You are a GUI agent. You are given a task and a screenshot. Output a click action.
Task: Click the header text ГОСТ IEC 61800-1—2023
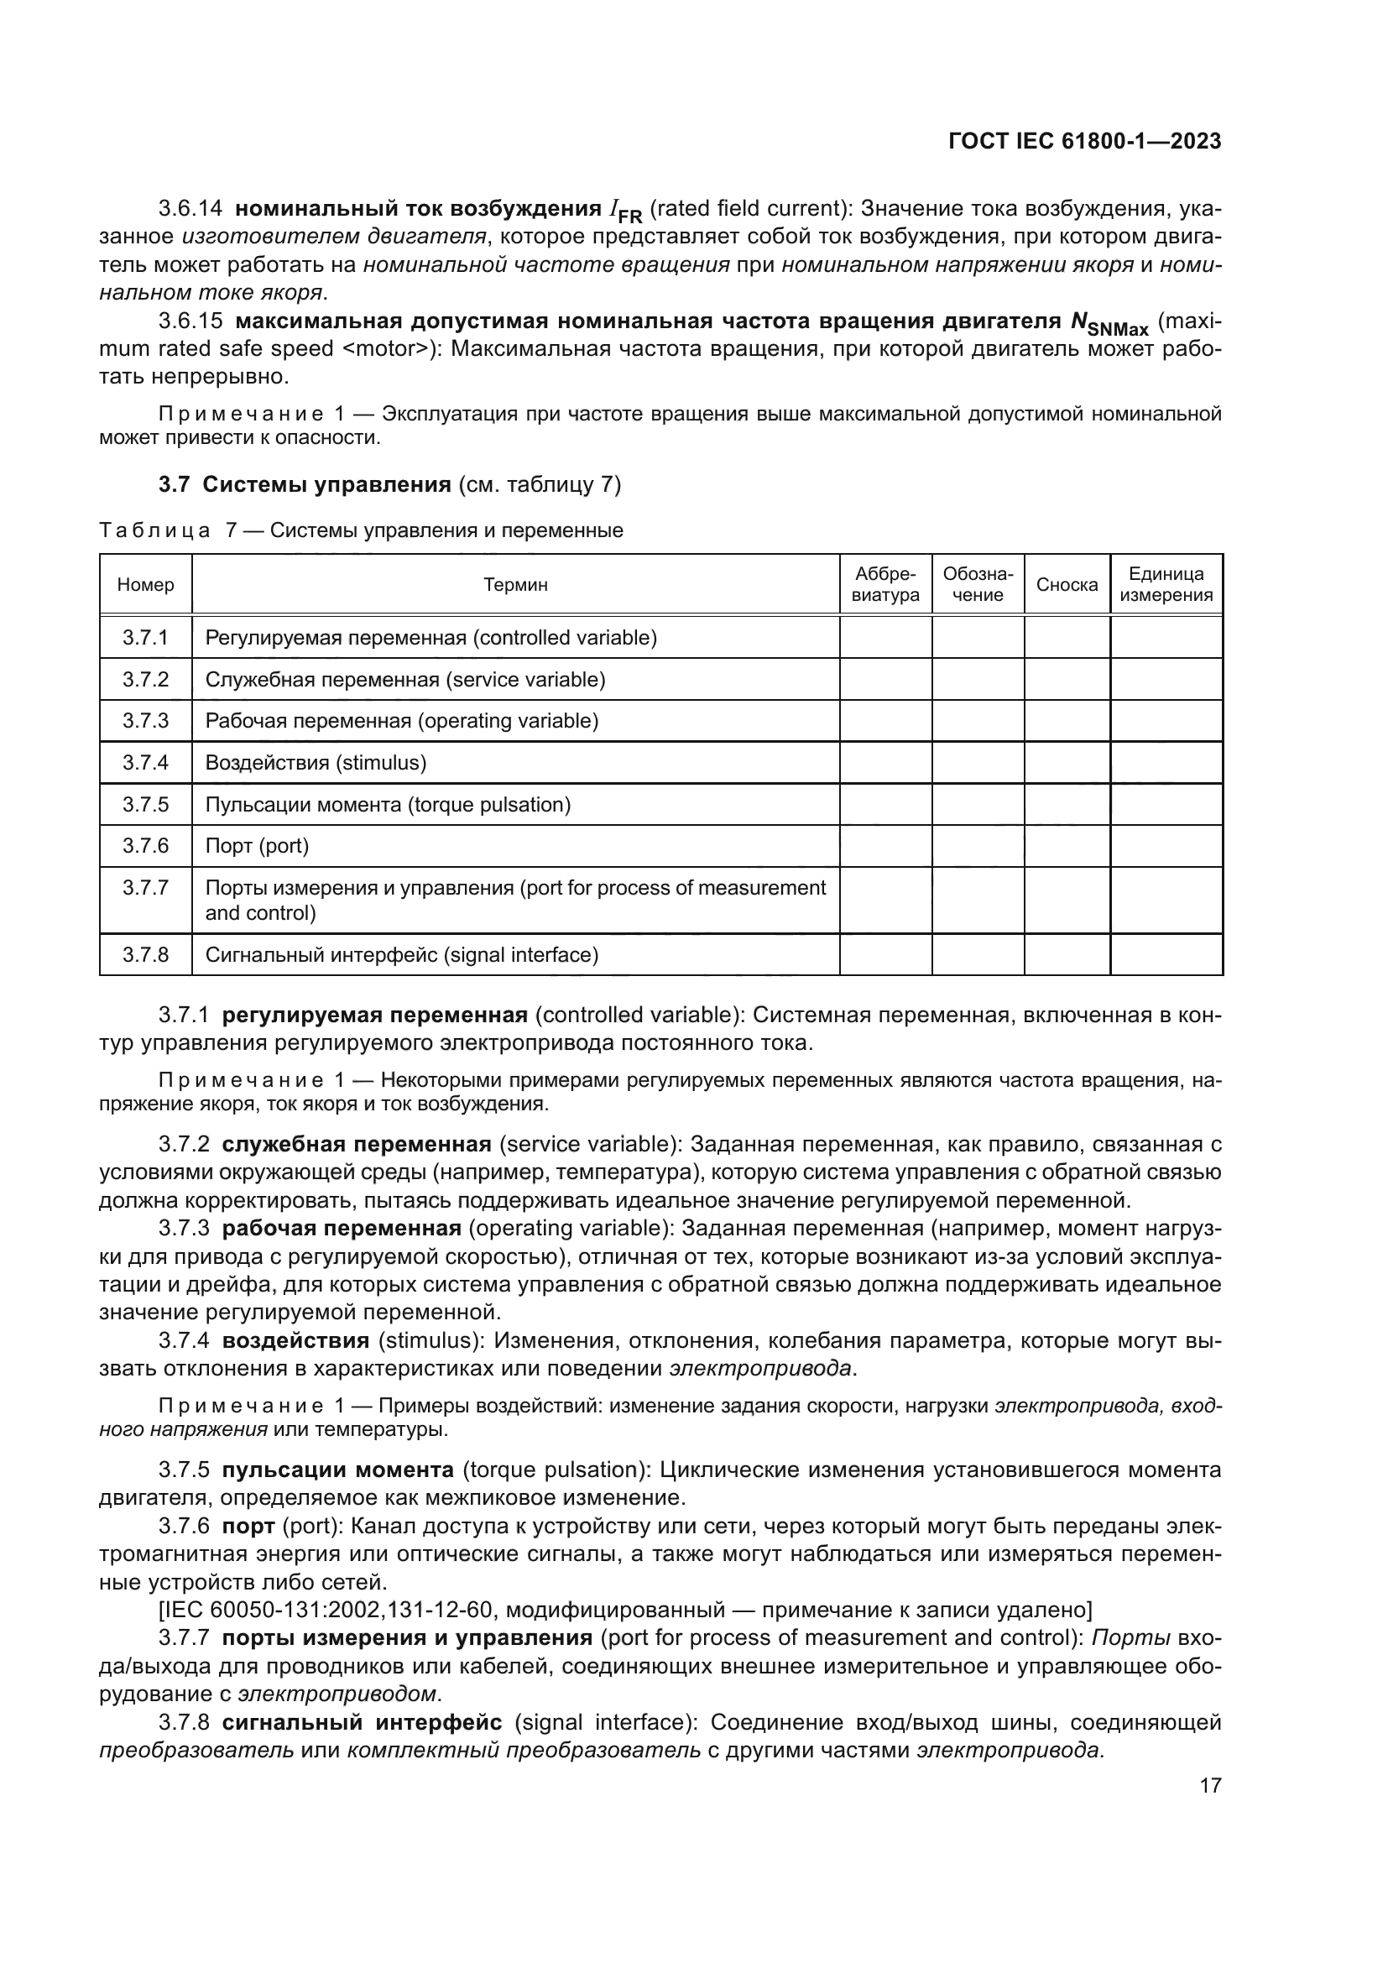1084,142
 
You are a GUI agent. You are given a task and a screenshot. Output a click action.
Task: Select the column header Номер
145,585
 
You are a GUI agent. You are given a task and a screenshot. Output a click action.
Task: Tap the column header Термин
515,585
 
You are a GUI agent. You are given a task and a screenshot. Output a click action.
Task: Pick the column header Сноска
1067,585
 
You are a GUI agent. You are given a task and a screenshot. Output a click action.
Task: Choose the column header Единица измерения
1166,585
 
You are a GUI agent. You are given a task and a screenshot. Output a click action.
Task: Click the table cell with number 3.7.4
145,763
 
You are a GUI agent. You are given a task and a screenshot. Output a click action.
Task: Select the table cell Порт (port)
258,846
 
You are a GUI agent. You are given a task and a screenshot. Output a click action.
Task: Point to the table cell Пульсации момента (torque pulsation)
388,805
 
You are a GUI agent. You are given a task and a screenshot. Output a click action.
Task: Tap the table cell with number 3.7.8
145,955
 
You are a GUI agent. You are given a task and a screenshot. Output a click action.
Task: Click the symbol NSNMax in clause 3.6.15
1109,324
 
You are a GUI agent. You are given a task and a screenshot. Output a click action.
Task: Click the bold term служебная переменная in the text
357,1144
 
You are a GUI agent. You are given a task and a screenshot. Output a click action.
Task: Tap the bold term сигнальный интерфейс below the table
368,1722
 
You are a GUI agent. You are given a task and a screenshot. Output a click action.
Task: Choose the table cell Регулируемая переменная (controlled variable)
430,638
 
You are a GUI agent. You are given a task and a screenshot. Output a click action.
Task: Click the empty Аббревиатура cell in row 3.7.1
885,638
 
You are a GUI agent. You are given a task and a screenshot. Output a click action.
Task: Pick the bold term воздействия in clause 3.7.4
295,1339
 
